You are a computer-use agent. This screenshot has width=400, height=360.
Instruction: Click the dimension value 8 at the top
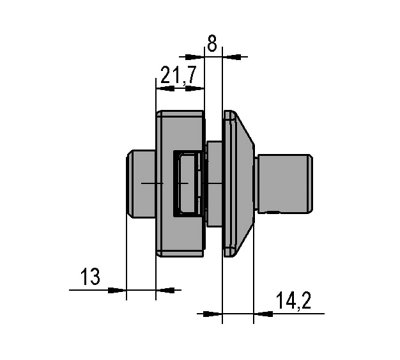tap(211, 43)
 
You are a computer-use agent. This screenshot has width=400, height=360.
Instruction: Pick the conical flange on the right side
tap(236, 184)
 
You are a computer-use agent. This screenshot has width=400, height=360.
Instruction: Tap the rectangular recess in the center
tap(186, 184)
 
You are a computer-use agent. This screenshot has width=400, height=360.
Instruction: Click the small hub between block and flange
tap(213, 184)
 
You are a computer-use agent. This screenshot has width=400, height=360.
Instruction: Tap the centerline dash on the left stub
tap(148, 184)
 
